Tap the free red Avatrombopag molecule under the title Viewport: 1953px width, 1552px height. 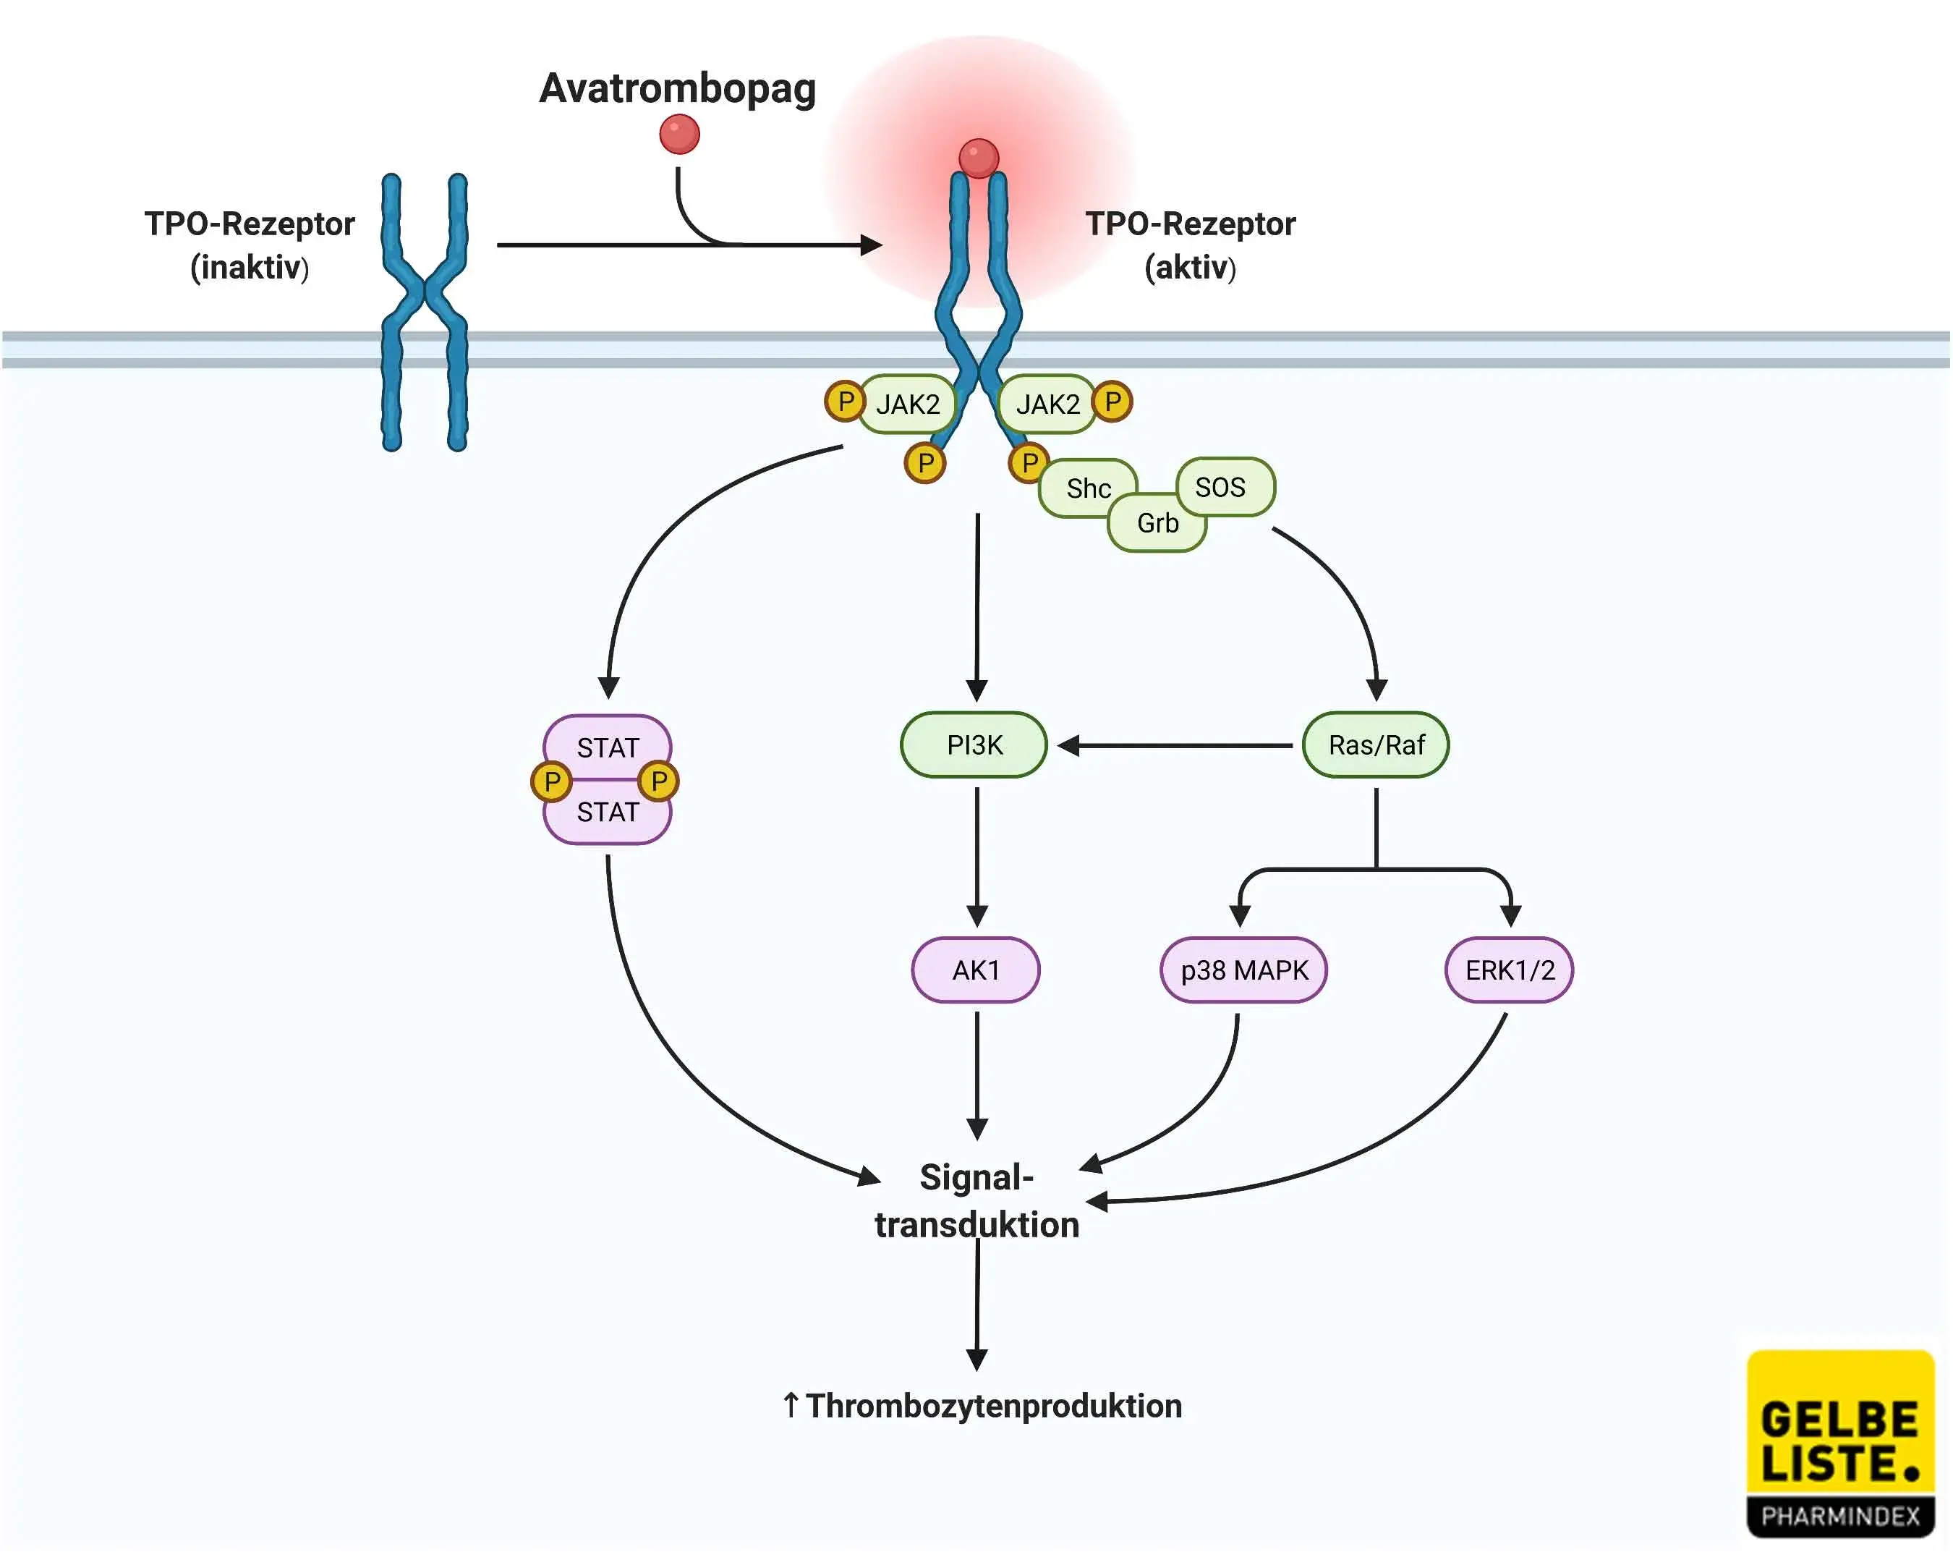coord(679,134)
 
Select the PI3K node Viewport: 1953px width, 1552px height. coord(974,745)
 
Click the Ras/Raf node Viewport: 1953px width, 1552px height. coord(1375,745)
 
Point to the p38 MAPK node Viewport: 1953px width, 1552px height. coord(1243,970)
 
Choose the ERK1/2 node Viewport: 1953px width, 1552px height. coord(1508,970)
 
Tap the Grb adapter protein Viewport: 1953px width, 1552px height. coord(1157,525)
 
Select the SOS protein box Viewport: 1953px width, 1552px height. coord(1224,485)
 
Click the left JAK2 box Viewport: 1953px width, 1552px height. coord(907,403)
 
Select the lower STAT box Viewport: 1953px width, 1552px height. coord(607,813)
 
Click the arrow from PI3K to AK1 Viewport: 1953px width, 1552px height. coord(977,856)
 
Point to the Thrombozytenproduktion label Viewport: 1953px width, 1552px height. coord(983,1405)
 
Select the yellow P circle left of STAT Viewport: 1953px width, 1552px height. coord(550,781)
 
